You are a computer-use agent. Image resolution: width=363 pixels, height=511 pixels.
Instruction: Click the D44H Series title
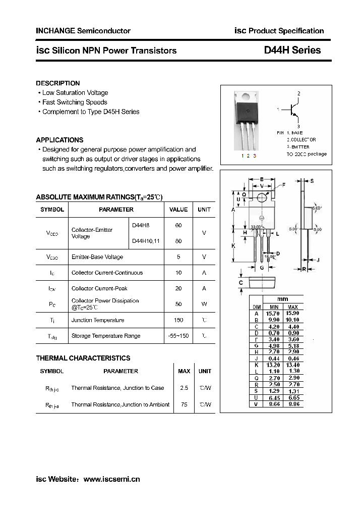(292, 50)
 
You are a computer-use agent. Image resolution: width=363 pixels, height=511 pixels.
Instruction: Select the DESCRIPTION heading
(58, 83)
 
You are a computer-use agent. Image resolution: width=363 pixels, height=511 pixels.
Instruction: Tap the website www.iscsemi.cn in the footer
(111, 479)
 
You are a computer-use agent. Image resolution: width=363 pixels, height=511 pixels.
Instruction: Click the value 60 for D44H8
(178, 225)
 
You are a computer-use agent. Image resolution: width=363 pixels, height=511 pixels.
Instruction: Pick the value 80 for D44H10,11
(178, 241)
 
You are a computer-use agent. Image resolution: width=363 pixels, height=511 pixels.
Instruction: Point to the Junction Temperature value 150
(178, 320)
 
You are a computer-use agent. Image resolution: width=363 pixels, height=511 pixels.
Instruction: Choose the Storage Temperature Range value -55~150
(178, 336)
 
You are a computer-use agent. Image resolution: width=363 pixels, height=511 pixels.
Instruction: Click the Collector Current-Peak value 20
(178, 288)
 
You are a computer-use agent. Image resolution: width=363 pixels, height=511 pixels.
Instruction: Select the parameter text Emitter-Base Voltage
(97, 257)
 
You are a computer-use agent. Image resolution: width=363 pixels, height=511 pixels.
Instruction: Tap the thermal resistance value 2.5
(184, 388)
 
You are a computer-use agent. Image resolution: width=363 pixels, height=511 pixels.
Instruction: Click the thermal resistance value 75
(184, 404)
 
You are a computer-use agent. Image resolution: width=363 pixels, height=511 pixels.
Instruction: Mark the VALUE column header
(178, 210)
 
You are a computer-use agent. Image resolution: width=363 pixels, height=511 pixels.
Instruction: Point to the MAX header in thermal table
(184, 371)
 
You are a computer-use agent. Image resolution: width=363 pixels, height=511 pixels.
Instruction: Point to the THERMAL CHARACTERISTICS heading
(83, 358)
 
